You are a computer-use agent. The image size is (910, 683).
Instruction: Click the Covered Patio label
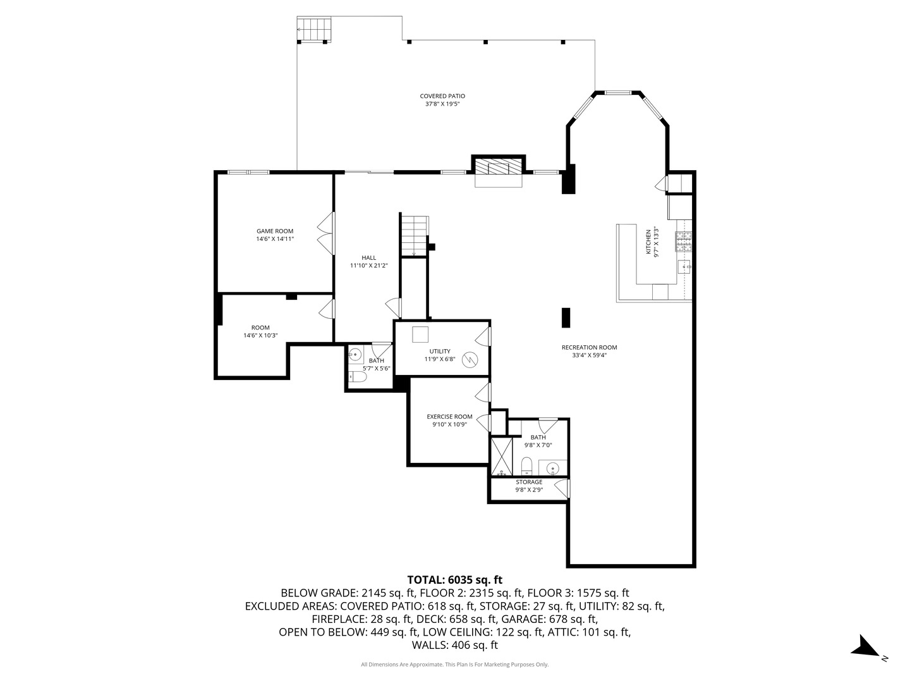(x=442, y=100)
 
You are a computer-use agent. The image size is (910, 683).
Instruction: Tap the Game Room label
(x=275, y=235)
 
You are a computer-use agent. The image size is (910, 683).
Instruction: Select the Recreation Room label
(x=589, y=351)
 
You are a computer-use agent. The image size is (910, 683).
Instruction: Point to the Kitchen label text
(x=652, y=242)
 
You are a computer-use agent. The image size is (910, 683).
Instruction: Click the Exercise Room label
(x=449, y=421)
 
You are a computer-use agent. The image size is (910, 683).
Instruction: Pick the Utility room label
(x=440, y=355)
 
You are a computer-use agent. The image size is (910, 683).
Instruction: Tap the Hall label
(x=368, y=261)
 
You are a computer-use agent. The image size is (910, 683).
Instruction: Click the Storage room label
(x=529, y=486)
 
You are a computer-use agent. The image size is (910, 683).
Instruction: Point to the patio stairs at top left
(x=314, y=29)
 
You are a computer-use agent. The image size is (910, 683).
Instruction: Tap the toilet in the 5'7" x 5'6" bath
(x=358, y=378)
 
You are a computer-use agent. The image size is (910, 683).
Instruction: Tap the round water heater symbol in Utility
(x=470, y=360)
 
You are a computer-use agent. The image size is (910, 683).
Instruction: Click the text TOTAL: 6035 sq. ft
(x=454, y=579)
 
